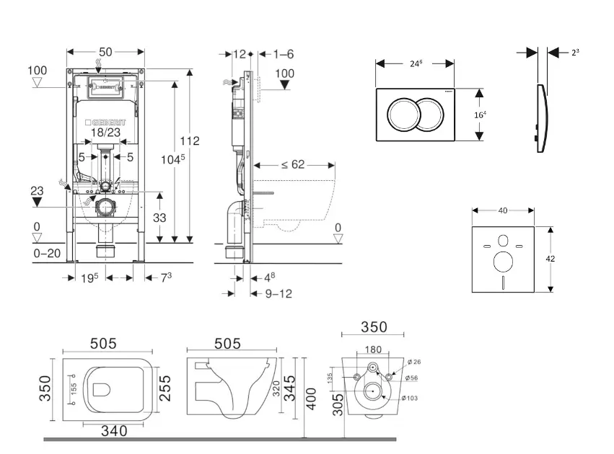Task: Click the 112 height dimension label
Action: pos(190,141)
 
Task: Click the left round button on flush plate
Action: pos(403,114)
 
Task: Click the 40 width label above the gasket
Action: pos(503,210)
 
